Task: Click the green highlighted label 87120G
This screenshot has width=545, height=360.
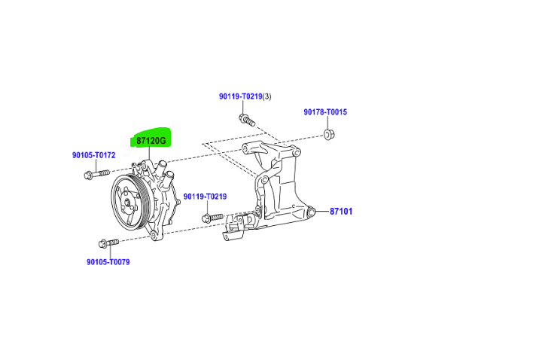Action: point(151,140)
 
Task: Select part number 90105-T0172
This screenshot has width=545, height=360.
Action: point(93,155)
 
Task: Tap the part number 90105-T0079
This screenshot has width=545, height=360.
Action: point(108,262)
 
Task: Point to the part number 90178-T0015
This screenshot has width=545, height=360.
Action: point(325,112)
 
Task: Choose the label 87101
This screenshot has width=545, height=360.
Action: point(341,212)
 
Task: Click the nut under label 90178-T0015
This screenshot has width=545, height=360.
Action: point(328,134)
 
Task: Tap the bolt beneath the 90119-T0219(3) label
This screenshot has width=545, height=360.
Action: point(247,120)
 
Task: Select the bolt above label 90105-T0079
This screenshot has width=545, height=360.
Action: point(108,243)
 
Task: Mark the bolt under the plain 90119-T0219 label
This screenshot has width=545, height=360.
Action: point(212,218)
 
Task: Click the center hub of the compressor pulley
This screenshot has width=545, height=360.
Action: point(127,201)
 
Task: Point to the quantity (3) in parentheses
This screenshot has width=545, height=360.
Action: point(266,96)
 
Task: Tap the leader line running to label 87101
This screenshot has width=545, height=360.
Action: point(319,212)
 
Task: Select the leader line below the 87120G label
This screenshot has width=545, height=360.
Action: point(150,154)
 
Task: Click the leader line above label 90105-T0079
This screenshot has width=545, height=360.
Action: point(108,252)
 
